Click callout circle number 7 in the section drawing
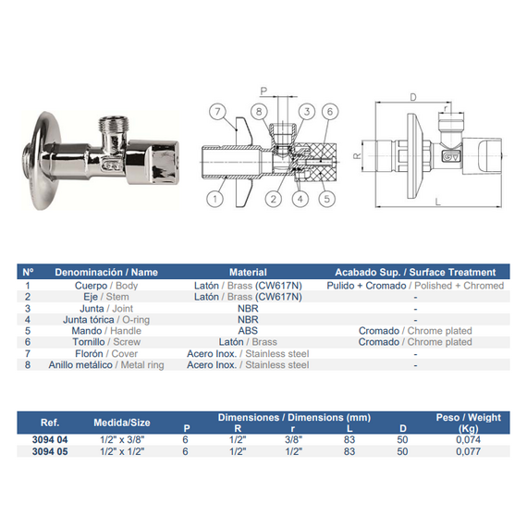[217, 111]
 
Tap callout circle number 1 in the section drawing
[214, 199]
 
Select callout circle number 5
[326, 199]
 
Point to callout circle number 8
[259, 111]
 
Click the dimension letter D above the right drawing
[413, 97]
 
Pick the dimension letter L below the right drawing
[437, 202]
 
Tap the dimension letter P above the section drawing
[263, 91]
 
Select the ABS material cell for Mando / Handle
[248, 331]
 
